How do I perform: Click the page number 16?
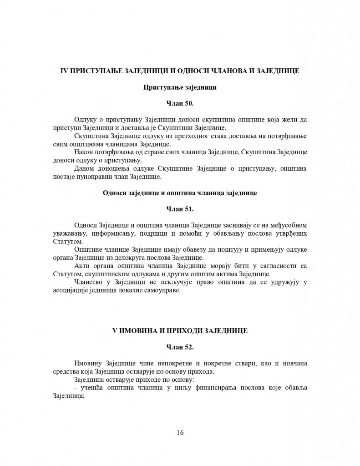coord(180,432)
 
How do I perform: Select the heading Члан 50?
coord(180,103)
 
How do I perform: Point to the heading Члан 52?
coord(180,347)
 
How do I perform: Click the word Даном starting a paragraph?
coord(83,168)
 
